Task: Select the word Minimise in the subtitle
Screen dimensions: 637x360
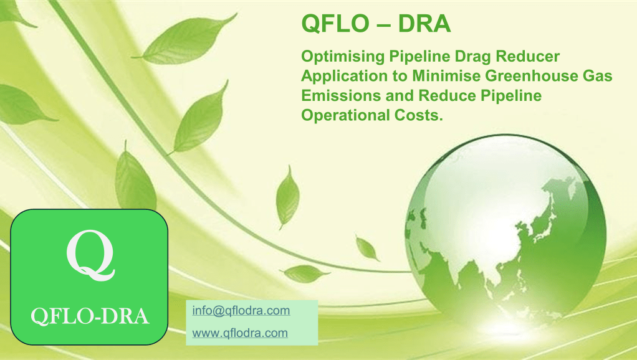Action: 446,76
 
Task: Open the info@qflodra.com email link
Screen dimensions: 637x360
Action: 241,311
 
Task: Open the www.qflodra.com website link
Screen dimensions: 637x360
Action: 240,333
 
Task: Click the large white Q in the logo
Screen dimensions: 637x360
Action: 90,255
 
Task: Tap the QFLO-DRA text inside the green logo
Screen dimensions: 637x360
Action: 90,316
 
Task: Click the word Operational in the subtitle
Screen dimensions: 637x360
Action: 345,115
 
